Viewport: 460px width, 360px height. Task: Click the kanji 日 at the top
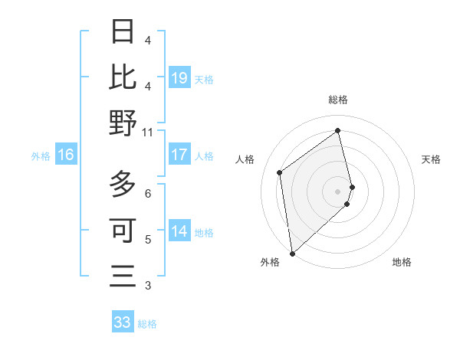pyautogui.click(x=123, y=31)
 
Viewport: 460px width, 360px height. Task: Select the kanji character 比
pyautogui.click(x=123, y=77)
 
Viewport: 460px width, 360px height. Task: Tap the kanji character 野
pyautogui.click(x=123, y=123)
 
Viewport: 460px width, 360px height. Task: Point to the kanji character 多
pyautogui.click(x=123, y=184)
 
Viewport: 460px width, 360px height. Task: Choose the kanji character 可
pyautogui.click(x=123, y=230)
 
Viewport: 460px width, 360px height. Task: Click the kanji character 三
pyautogui.click(x=123, y=276)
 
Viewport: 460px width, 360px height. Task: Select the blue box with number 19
pyautogui.click(x=179, y=77)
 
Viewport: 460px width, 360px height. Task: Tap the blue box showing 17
pyautogui.click(x=179, y=155)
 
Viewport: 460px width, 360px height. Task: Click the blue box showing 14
pyautogui.click(x=179, y=231)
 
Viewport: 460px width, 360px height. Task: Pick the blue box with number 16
pyautogui.click(x=65, y=155)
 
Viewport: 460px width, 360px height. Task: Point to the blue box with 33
pyautogui.click(x=122, y=322)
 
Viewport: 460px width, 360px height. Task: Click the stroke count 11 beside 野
pyautogui.click(x=148, y=133)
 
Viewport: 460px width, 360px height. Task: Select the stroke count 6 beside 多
pyautogui.click(x=148, y=193)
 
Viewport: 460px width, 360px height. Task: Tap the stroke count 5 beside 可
pyautogui.click(x=148, y=240)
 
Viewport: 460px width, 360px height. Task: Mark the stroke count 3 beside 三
pyautogui.click(x=148, y=286)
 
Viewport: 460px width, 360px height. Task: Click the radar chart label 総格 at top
pyautogui.click(x=337, y=100)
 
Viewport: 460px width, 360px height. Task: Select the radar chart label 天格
pyautogui.click(x=432, y=159)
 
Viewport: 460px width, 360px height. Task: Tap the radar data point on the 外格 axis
pyautogui.click(x=292, y=253)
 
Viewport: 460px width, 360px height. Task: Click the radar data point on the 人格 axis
pyautogui.click(x=280, y=172)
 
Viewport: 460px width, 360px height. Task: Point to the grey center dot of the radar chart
pyautogui.click(x=337, y=191)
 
